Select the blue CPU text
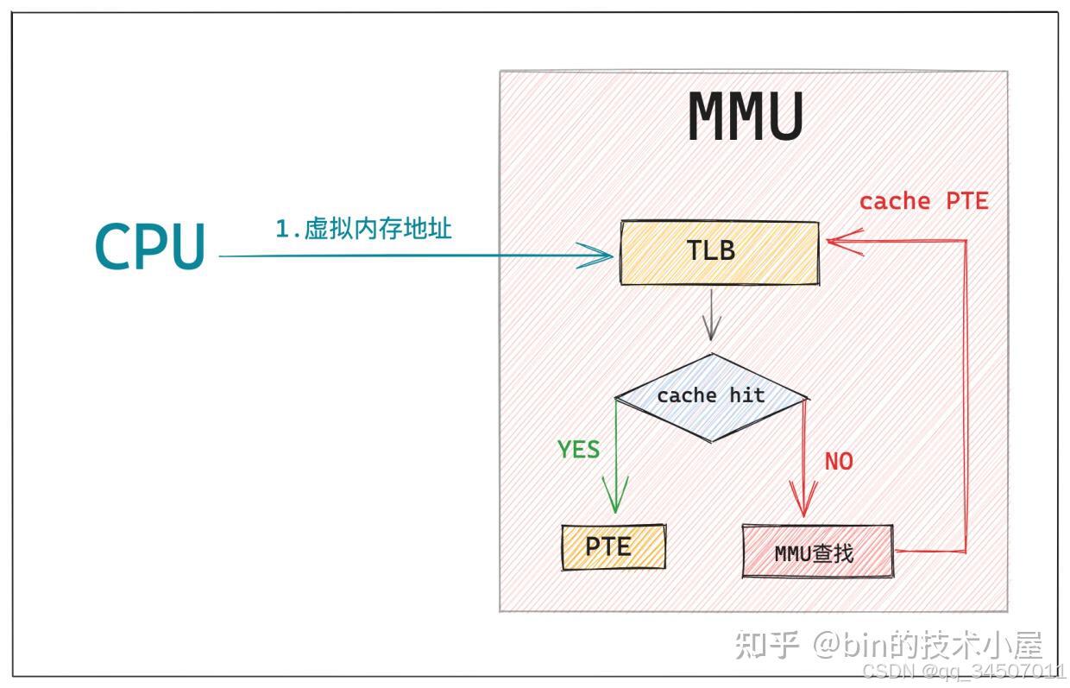(150, 246)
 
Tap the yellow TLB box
(719, 251)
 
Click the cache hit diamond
(710, 396)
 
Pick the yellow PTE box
(614, 546)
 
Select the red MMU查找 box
(817, 552)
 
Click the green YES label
(578, 450)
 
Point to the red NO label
(838, 461)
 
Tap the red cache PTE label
(923, 201)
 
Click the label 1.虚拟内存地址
(363, 229)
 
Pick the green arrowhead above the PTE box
(616, 501)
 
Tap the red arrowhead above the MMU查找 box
(804, 501)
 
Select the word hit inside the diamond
(746, 395)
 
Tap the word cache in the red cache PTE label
(895, 201)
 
